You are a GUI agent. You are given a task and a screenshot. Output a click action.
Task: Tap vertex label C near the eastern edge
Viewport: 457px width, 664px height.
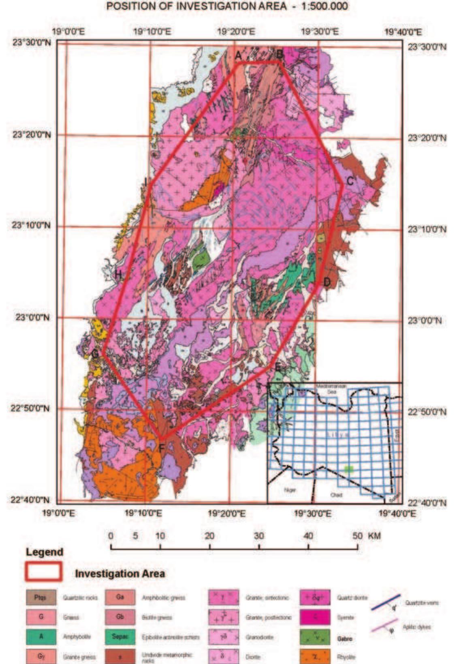coord(350,181)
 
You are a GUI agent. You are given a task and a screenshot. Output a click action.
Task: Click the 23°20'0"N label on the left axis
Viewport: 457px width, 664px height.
coord(32,135)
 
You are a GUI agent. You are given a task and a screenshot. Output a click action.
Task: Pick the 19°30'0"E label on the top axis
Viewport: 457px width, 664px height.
coord(320,32)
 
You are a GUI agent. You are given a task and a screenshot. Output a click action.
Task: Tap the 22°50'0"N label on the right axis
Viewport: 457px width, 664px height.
coord(427,412)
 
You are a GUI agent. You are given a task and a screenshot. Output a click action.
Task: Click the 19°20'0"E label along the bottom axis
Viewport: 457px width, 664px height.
coord(226,514)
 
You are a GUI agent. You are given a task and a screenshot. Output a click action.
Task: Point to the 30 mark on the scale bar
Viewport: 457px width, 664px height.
coord(258,536)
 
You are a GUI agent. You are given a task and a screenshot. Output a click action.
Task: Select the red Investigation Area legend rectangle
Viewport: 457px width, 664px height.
coord(44,572)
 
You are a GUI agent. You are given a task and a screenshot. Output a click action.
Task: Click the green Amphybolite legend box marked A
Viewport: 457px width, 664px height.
coord(41,637)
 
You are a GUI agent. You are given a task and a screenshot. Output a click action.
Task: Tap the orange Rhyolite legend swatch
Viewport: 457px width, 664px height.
coord(315,656)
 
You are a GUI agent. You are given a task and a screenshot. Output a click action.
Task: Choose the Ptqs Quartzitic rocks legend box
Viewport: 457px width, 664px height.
coord(41,598)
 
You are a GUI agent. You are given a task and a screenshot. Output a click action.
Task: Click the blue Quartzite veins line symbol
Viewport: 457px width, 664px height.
coord(385,603)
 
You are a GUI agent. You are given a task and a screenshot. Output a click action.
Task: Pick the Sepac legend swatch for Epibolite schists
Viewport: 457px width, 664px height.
coord(120,637)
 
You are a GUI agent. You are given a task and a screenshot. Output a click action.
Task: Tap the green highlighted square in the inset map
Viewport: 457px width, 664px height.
coord(348,468)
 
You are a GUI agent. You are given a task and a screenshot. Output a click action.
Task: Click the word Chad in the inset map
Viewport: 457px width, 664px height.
coord(336,495)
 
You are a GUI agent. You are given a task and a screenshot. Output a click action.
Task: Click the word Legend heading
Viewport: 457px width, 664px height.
coord(45,552)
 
